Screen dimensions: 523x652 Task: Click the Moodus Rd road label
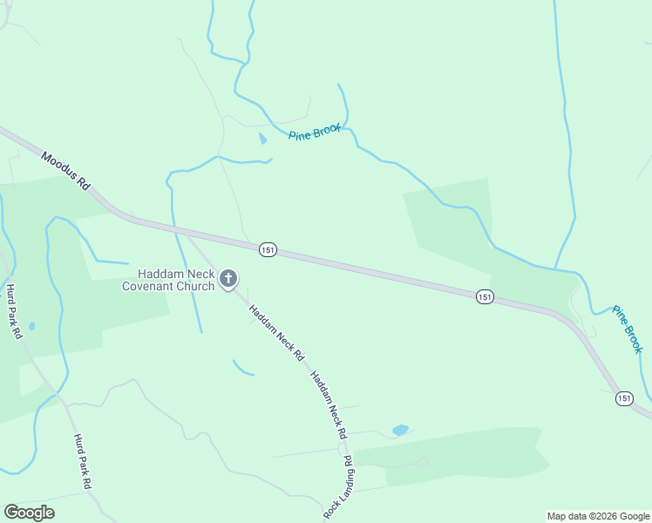tap(66, 170)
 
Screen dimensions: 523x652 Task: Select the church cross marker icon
tap(228, 279)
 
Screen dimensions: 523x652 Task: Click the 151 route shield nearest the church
tap(268, 250)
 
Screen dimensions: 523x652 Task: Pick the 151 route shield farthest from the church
tap(624, 398)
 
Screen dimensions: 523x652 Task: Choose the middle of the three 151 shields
tap(485, 297)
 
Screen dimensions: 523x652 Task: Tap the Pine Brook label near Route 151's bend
tap(627, 329)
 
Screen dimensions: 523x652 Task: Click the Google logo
tap(29, 513)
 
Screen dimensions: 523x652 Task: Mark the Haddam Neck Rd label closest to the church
tap(275, 333)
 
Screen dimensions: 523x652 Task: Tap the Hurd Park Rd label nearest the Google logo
tap(83, 461)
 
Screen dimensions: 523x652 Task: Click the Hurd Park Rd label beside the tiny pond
tap(12, 311)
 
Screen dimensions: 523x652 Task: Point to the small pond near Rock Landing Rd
tap(400, 430)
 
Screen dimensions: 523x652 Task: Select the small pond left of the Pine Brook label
tap(262, 139)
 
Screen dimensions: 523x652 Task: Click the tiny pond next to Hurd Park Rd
tap(31, 326)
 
